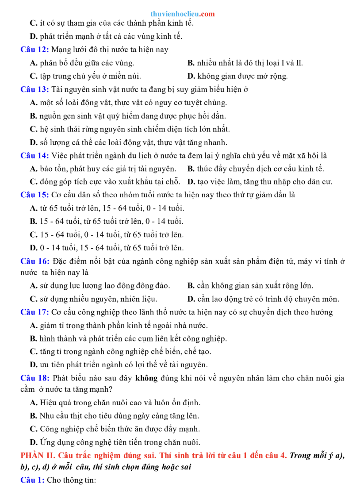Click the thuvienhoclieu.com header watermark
click(182, 14)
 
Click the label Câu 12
click(34, 50)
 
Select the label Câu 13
click(34, 89)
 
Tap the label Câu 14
click(34, 155)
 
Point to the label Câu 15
click(34, 195)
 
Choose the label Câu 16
click(34, 261)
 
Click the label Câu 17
click(34, 312)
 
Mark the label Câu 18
click(34, 378)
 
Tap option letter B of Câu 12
click(191, 63)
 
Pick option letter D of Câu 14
click(191, 181)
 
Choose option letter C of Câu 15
click(33, 234)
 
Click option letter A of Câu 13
click(33, 103)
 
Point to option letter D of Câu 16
click(191, 299)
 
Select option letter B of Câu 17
click(33, 339)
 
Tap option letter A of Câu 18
click(33, 403)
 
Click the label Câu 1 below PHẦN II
click(32, 480)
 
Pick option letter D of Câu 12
click(191, 76)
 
